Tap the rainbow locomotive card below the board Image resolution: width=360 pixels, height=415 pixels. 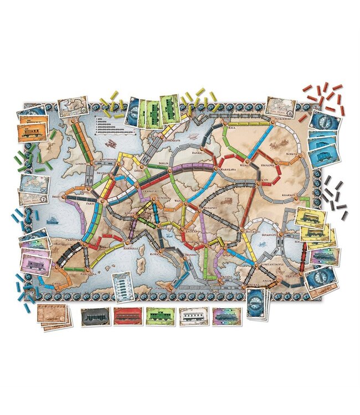click(x=227, y=316)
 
